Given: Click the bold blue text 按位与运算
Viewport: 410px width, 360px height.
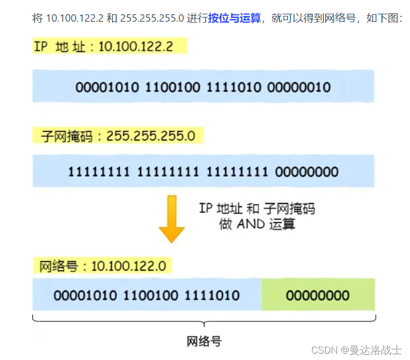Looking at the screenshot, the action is [x=235, y=19].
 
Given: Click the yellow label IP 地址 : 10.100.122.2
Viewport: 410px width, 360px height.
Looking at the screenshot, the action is [x=104, y=47].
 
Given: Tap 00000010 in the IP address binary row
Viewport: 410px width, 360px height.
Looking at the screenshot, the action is [x=299, y=87].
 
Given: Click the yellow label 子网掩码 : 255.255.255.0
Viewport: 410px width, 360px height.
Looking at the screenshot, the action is [x=118, y=136].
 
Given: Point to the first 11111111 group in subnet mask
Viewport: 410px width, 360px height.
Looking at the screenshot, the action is [x=99, y=172].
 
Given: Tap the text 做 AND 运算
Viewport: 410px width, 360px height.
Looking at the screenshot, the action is [x=257, y=224].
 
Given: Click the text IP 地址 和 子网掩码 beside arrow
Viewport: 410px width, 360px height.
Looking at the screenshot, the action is [x=257, y=208].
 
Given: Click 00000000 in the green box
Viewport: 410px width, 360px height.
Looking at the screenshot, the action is [x=318, y=295].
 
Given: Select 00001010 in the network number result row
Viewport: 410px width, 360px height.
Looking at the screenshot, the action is [x=85, y=295].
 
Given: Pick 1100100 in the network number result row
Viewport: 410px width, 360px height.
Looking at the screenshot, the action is [x=151, y=295].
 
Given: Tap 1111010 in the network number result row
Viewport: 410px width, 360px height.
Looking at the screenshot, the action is [x=211, y=295].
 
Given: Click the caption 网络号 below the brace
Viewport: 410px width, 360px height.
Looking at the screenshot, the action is [x=204, y=341].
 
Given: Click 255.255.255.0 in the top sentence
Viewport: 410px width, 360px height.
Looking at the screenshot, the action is [x=152, y=19].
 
